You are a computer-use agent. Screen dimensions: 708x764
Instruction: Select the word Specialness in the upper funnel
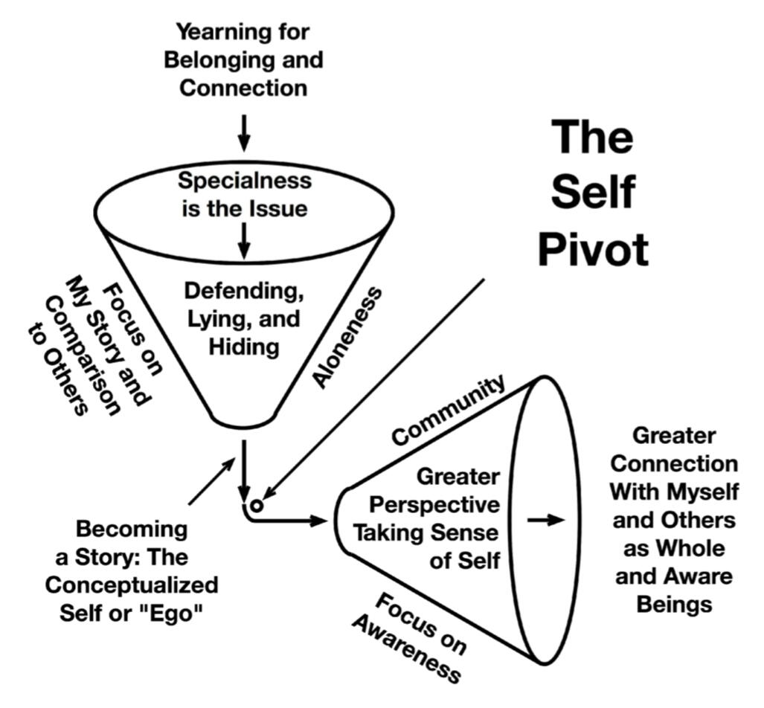(244, 181)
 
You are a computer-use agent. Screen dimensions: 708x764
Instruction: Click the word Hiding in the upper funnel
(244, 347)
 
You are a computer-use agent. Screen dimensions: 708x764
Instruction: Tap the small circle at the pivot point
(256, 505)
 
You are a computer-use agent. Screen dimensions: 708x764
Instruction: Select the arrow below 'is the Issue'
(244, 239)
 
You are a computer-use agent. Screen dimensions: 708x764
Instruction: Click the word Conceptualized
(131, 585)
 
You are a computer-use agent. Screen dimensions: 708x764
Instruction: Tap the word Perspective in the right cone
(435, 505)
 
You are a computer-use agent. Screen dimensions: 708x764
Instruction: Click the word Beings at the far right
(674, 604)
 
